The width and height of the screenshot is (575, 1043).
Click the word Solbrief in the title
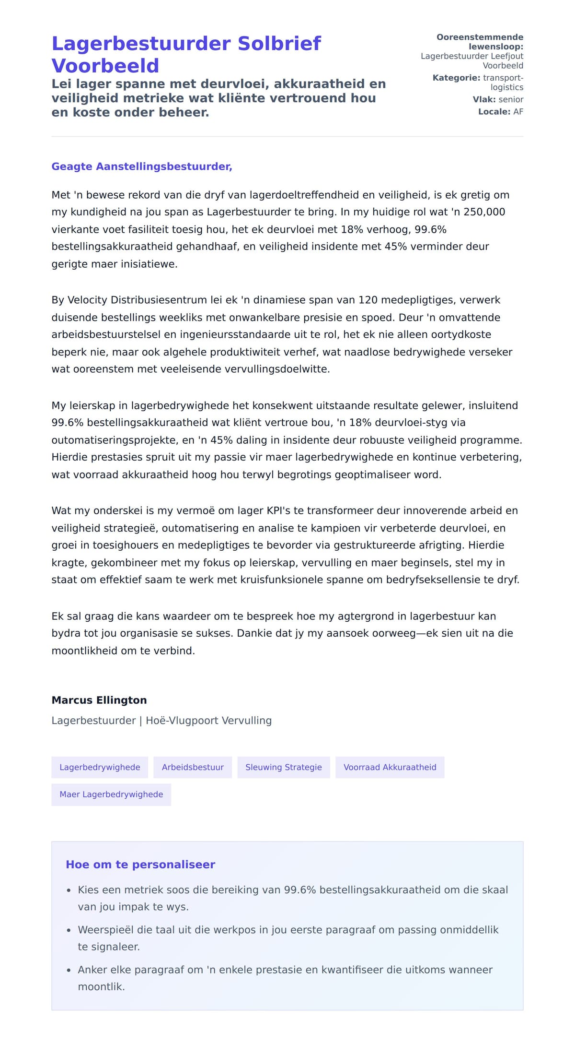pos(279,44)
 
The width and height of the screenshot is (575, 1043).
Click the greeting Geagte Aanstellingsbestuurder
pos(142,166)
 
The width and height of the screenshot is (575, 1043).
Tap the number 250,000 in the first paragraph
pos(484,212)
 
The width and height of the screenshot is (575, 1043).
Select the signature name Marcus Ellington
pos(99,700)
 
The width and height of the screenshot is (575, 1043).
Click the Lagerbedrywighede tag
pos(100,767)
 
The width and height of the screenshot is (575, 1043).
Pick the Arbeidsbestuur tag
pos(193,767)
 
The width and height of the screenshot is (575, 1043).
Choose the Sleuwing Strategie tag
pos(284,767)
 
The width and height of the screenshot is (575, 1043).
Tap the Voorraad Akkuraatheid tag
pos(390,767)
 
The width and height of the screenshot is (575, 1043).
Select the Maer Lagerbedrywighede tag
pos(111,794)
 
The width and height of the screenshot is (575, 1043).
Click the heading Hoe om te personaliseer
pos(140,865)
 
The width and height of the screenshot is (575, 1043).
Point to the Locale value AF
pos(518,112)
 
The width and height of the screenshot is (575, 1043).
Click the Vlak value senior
pos(511,100)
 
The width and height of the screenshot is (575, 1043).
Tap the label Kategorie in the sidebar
pos(456,78)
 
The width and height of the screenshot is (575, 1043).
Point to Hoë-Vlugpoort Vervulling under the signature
pos(208,721)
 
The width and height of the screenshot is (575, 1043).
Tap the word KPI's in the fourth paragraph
pos(278,511)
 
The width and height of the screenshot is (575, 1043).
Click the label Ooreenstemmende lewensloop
pos(480,42)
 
